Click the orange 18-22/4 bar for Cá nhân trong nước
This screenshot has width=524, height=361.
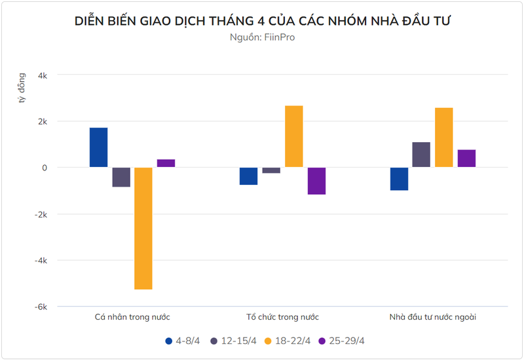click(143, 228)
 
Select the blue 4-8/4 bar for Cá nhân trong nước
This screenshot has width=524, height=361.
click(99, 147)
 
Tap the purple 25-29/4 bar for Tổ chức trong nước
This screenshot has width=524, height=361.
click(316, 181)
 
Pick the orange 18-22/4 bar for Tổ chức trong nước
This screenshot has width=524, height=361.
click(294, 136)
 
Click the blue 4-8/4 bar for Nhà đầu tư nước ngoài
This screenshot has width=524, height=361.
click(399, 179)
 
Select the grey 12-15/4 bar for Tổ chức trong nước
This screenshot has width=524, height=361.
click(271, 170)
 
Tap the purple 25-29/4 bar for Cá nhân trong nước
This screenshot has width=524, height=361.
click(166, 163)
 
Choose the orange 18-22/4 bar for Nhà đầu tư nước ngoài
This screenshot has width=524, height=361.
click(443, 138)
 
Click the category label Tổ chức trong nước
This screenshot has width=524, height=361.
click(282, 317)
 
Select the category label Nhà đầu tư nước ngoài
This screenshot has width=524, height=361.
click(432, 317)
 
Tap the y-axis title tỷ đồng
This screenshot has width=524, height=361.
click(22, 92)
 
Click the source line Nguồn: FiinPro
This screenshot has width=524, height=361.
click(262, 37)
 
